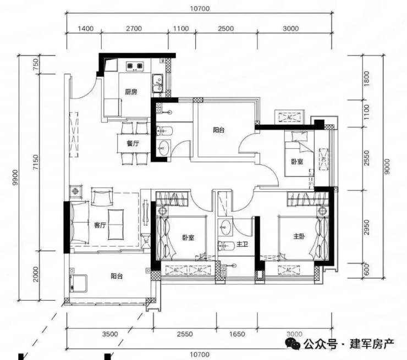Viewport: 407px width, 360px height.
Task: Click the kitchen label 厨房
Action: pos(131,92)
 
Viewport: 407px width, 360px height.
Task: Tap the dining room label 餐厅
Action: pos(133,143)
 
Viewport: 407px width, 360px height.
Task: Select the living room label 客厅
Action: pos(100,225)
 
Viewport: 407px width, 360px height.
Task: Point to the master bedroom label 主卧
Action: pos(299,236)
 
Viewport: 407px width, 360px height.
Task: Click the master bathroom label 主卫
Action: pos(242,244)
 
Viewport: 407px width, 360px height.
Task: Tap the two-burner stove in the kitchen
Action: pos(135,66)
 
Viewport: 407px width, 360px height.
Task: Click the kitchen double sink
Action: pos(157,83)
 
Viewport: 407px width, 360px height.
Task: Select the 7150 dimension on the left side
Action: pos(36,162)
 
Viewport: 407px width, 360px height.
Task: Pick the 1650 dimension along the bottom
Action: pos(237,334)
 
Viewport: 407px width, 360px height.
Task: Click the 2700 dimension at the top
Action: pos(134,28)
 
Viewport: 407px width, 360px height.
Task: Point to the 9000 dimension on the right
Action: pos(387,167)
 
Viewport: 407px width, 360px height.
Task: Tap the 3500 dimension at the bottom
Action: pos(110,334)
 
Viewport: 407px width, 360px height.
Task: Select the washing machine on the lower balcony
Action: pos(78,283)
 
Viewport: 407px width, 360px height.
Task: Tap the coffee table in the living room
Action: pos(116,224)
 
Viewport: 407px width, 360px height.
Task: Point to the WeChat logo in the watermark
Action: pos(293,344)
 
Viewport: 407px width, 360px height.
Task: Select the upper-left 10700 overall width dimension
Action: pos(200,9)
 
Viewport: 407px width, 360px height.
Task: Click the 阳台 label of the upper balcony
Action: pos(218,130)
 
